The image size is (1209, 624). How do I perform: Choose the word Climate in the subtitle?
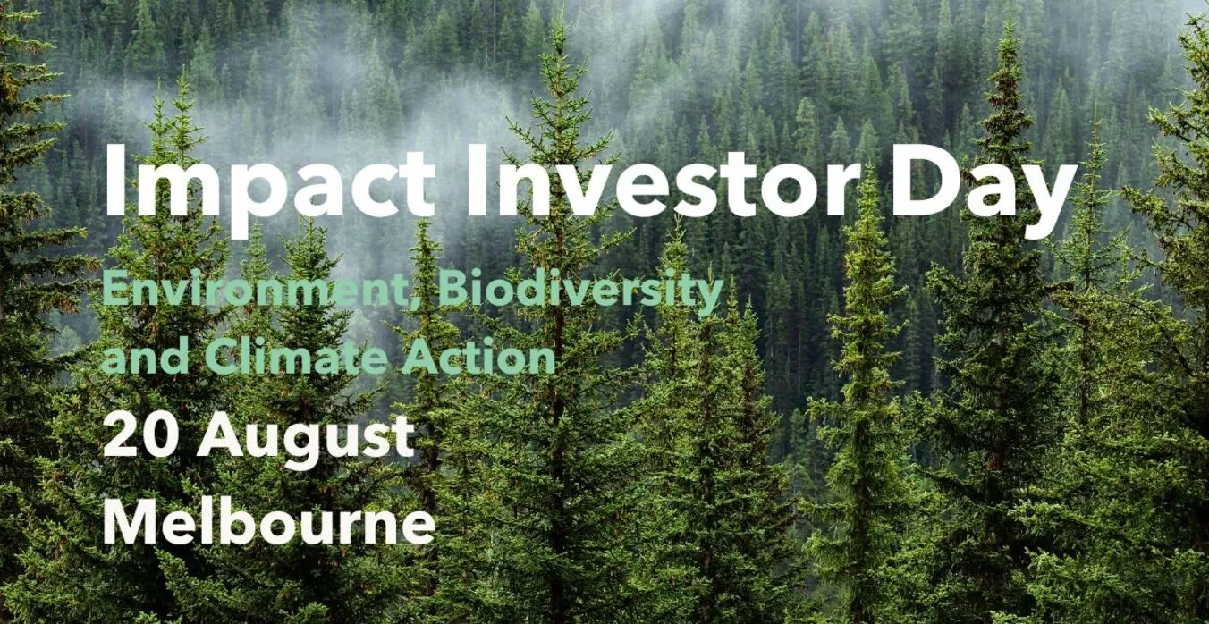point(295,357)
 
